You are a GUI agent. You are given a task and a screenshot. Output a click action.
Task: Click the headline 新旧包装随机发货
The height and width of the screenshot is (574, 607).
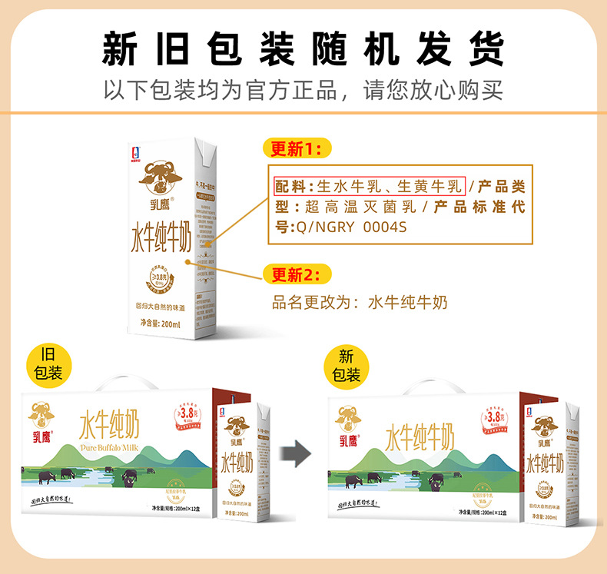pyautogui.click(x=303, y=48)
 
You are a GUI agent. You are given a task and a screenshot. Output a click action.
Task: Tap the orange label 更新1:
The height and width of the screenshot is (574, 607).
pyautogui.click(x=297, y=148)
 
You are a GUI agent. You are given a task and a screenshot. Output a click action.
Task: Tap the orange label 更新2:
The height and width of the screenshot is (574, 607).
pyautogui.click(x=297, y=274)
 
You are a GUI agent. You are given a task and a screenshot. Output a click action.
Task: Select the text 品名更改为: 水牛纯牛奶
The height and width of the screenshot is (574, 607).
pyautogui.click(x=360, y=302)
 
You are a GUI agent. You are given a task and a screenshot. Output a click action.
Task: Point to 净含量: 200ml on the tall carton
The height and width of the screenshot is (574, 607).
pyautogui.click(x=159, y=324)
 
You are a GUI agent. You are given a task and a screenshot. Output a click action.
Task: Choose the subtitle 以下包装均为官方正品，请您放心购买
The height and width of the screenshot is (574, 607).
pyautogui.click(x=303, y=91)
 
